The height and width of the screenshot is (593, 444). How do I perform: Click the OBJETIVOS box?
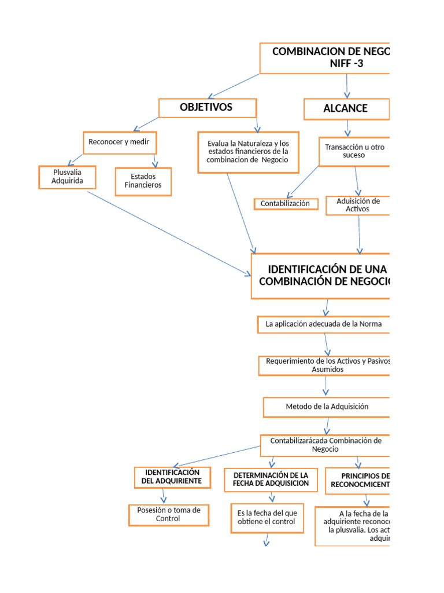[207, 108]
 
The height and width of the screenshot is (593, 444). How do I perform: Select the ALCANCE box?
[346, 109]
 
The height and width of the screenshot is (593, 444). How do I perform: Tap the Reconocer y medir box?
[120, 142]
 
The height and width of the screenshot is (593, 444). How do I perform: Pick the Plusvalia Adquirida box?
[67, 177]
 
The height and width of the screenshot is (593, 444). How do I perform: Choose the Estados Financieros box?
[143, 181]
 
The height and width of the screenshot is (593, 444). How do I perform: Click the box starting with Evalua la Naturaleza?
[248, 152]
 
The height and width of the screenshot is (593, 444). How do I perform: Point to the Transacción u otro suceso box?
[354, 151]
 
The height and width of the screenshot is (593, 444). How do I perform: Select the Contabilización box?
[286, 204]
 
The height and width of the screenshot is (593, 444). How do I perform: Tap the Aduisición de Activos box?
[358, 205]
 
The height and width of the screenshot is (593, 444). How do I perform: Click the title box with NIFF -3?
[325, 58]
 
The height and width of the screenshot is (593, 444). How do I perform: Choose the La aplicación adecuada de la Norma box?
[324, 324]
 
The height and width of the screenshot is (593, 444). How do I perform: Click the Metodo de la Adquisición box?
[327, 407]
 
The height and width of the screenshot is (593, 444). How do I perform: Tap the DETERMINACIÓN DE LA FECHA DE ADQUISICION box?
[271, 479]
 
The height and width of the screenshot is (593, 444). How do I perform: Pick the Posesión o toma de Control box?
[168, 514]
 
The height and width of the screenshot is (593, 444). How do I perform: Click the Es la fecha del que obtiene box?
[267, 518]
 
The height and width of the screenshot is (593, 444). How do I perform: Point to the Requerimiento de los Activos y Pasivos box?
[325, 365]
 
